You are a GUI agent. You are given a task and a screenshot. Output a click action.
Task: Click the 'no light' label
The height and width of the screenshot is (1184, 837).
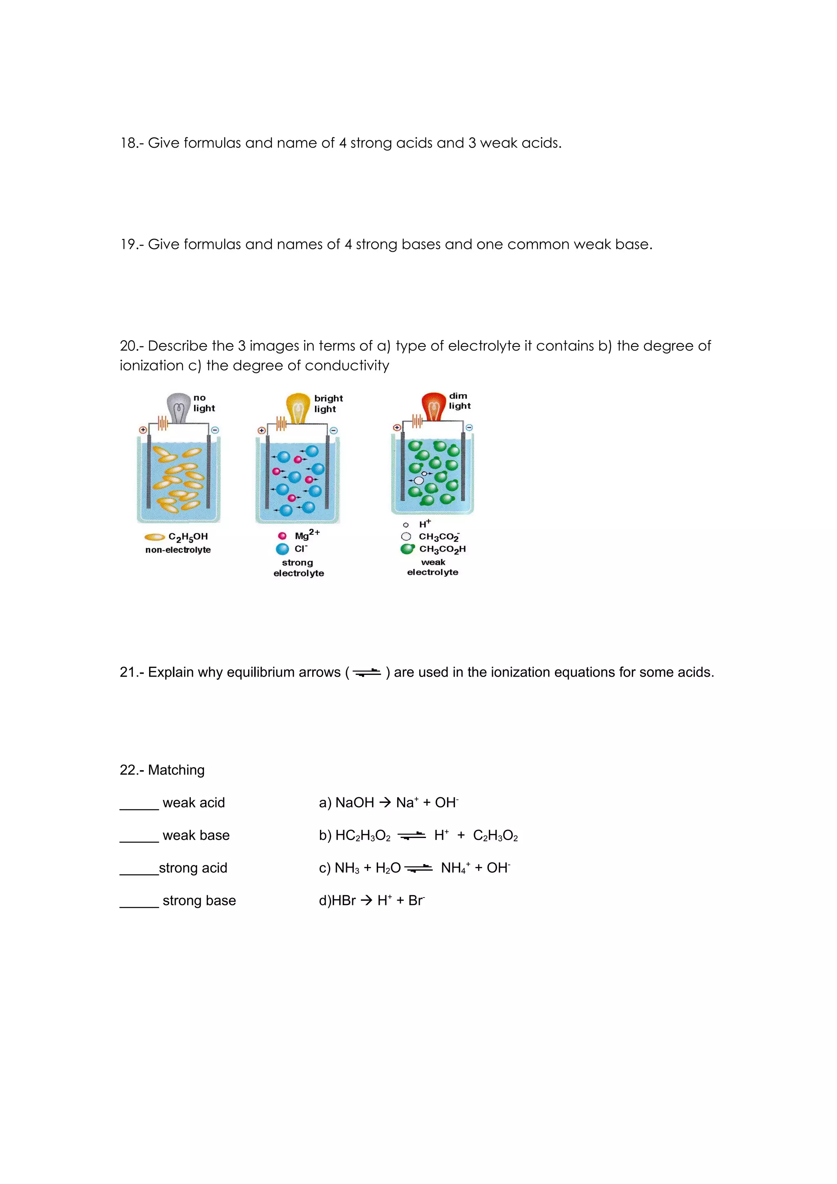(x=204, y=403)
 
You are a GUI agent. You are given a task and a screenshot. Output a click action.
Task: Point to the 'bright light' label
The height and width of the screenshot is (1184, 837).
(x=328, y=403)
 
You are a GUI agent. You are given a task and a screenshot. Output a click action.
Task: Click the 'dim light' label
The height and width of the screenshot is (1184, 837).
(x=459, y=401)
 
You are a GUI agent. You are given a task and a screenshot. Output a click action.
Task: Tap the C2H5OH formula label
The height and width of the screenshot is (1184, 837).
(x=188, y=537)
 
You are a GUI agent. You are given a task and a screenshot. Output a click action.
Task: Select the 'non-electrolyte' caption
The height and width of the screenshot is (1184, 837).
(x=178, y=550)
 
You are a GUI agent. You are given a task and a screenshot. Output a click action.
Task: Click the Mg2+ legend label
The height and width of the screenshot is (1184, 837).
(x=307, y=535)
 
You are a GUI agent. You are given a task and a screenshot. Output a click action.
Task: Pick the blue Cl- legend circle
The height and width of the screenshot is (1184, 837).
(x=282, y=549)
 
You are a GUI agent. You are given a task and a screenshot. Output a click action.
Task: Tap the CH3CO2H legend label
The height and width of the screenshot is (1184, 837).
(x=442, y=549)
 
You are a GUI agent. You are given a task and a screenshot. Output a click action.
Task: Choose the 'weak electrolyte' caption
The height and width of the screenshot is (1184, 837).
(x=433, y=567)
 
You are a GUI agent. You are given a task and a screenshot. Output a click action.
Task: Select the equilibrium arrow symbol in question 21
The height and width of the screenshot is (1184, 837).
(x=367, y=672)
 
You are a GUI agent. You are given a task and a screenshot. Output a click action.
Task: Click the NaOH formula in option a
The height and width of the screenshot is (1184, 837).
(x=354, y=803)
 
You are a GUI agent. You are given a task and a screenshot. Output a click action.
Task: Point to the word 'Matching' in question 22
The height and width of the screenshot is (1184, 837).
(x=176, y=770)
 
